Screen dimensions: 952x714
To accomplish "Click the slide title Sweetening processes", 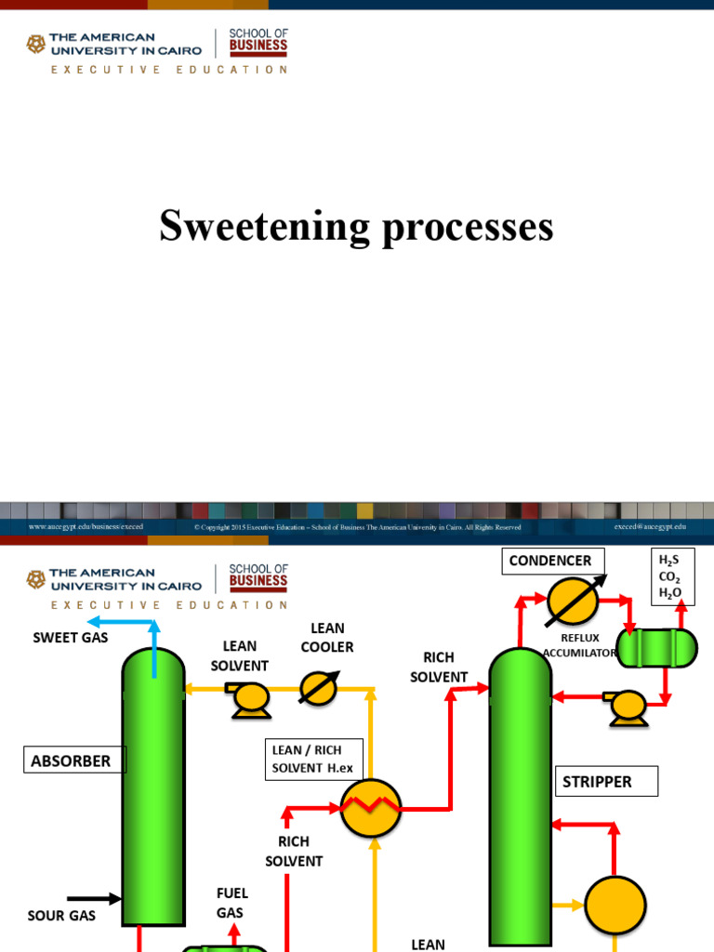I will pyautogui.click(x=356, y=227).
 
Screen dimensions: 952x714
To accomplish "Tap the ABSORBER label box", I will pyautogui.click(x=71, y=761).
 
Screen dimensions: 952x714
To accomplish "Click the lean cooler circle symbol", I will pyautogui.click(x=319, y=689).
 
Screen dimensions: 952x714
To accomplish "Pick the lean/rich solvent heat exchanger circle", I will pyautogui.click(x=370, y=808).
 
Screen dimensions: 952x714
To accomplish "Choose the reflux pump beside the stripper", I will pyautogui.click(x=627, y=707).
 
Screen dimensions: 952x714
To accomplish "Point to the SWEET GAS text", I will pyautogui.click(x=71, y=638).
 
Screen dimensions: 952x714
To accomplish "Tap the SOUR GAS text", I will pyautogui.click(x=61, y=916).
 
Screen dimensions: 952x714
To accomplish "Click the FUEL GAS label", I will pyautogui.click(x=231, y=903).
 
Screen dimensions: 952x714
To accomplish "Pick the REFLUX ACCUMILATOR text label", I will pyautogui.click(x=579, y=645).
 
